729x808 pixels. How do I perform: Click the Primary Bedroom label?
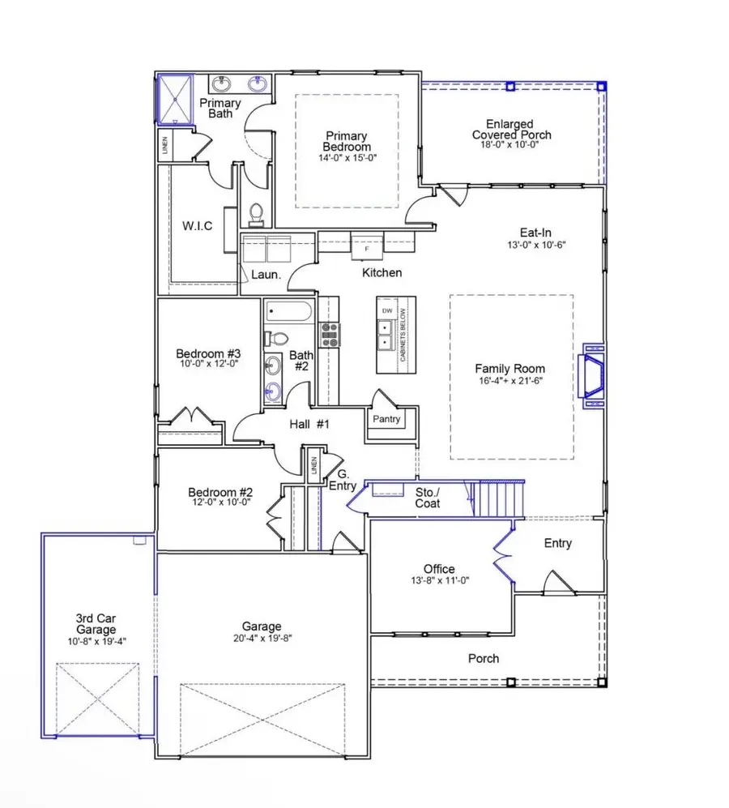(x=347, y=142)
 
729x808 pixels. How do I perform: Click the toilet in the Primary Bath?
(x=257, y=215)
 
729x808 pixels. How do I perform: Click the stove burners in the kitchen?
(x=330, y=334)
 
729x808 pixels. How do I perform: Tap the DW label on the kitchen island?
(x=386, y=310)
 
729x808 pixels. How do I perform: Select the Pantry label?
(x=386, y=420)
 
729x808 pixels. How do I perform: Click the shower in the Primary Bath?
(x=175, y=99)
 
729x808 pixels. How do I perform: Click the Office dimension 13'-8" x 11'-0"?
(x=439, y=580)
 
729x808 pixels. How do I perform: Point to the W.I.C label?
(x=197, y=226)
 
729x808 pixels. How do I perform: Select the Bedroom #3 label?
(x=209, y=354)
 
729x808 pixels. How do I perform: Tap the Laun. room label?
(x=266, y=275)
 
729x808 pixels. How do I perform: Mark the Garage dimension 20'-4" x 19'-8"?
(x=261, y=638)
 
